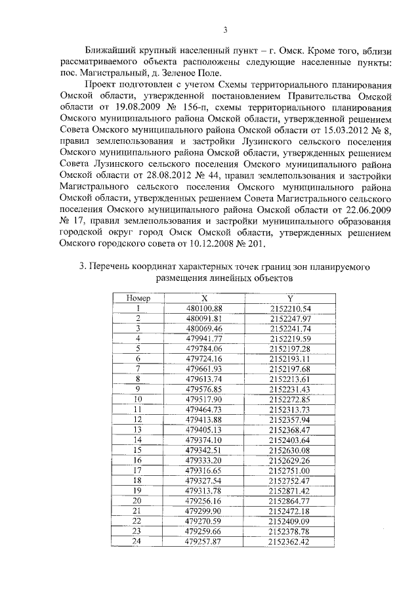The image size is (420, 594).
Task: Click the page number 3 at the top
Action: click(x=225, y=30)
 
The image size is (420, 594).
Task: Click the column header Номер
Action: click(x=138, y=298)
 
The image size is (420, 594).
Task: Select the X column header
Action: click(x=205, y=298)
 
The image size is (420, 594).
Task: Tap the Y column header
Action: click(x=289, y=298)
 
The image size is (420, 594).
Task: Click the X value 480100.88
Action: click(x=205, y=308)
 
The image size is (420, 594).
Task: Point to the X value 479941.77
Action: click(x=205, y=339)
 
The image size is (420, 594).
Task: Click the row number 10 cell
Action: click(x=138, y=399)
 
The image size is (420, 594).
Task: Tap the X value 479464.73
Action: click(x=205, y=410)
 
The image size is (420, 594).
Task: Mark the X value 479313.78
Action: click(x=205, y=491)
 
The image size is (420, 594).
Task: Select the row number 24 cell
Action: click(x=138, y=541)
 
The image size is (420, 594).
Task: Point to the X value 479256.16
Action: click(x=205, y=501)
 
